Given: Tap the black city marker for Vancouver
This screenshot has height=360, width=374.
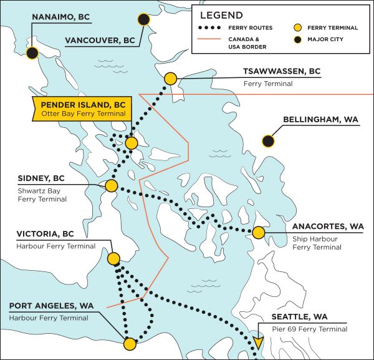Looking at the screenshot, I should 144,20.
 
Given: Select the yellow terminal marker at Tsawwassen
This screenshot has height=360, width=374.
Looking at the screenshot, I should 170,79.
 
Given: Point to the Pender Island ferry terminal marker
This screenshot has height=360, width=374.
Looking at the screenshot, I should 131,144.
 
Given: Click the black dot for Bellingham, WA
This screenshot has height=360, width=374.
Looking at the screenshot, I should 269,141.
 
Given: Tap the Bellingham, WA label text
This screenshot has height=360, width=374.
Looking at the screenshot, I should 320,119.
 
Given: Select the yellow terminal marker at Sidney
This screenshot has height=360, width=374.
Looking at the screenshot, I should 112,186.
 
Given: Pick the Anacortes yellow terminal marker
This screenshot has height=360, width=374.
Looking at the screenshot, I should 258,233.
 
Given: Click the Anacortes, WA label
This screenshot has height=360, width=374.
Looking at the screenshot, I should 328,226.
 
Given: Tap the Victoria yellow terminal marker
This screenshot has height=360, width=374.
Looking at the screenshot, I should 114,258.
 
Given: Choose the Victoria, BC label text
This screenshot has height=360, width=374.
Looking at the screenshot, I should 46,234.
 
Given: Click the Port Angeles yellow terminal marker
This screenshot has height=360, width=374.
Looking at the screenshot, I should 130,343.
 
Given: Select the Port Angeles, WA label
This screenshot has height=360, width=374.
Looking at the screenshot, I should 52,306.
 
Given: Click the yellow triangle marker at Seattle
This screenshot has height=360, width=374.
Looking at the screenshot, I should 258,343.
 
